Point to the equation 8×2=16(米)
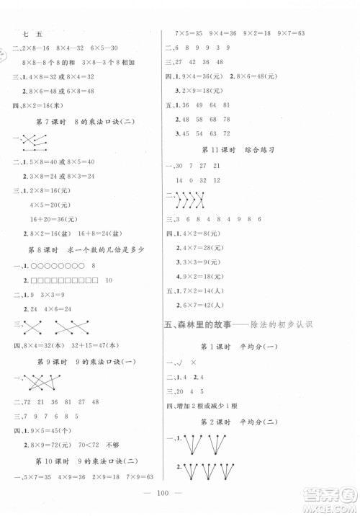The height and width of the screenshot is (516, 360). pos(52,103)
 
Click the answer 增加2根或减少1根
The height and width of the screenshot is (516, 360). pos(213,405)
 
